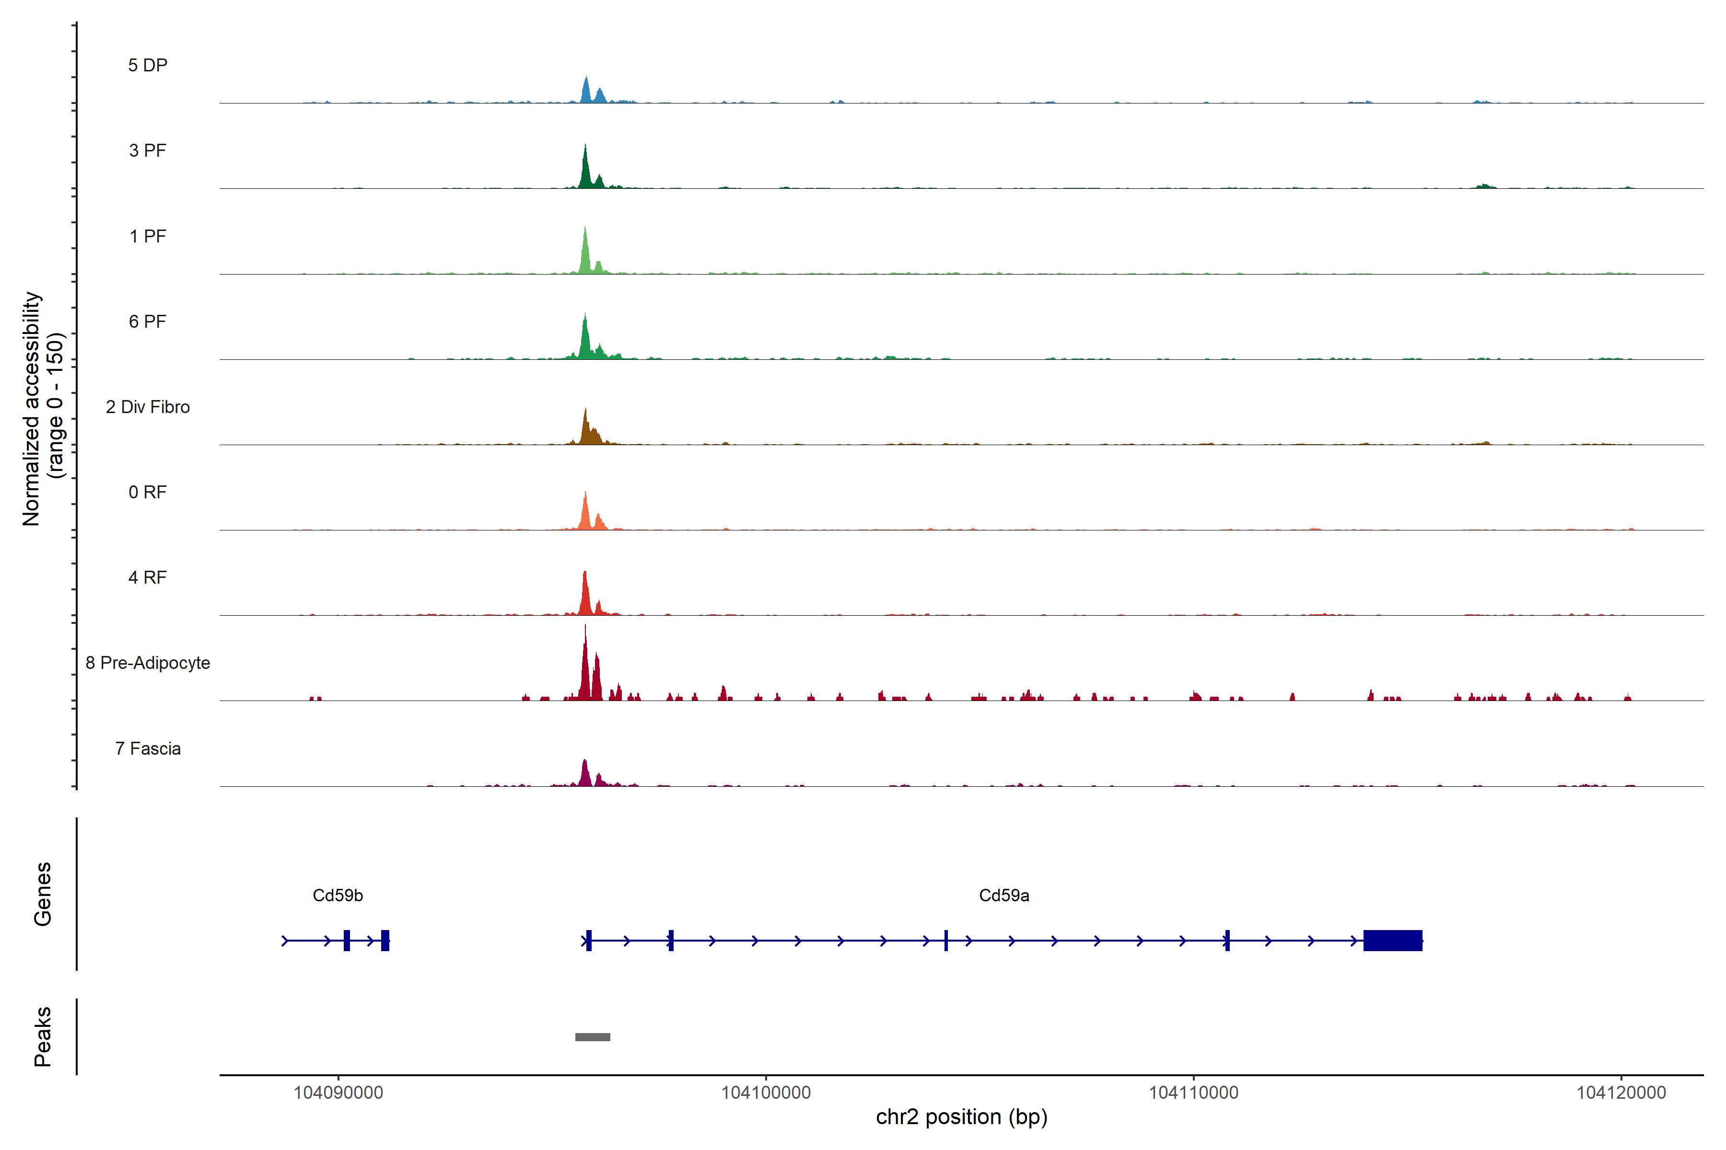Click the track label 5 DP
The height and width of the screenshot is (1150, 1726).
pyautogui.click(x=148, y=65)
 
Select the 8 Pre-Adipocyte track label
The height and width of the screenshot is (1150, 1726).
pyautogui.click(x=148, y=663)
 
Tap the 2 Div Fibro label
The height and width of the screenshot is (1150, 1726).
pyautogui.click(x=148, y=407)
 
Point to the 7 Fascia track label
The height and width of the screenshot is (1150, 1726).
pyautogui.click(x=148, y=749)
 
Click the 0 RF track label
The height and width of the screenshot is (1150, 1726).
pyautogui.click(x=148, y=492)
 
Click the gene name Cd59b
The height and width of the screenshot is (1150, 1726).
pyautogui.click(x=338, y=896)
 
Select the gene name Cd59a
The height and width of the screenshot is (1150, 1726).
pyautogui.click(x=1004, y=896)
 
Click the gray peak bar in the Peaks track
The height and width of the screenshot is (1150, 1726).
pyautogui.click(x=592, y=1037)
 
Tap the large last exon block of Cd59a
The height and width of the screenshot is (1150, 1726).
pyautogui.click(x=1392, y=940)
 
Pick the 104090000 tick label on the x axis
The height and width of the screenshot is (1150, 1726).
pyautogui.click(x=338, y=1093)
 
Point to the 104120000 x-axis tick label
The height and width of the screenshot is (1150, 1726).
pyautogui.click(x=1621, y=1093)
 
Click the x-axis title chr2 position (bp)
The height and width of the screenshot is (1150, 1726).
pyautogui.click(x=961, y=1117)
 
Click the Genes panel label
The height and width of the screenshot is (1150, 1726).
pyautogui.click(x=43, y=894)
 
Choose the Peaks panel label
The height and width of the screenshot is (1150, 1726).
pyautogui.click(x=43, y=1036)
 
